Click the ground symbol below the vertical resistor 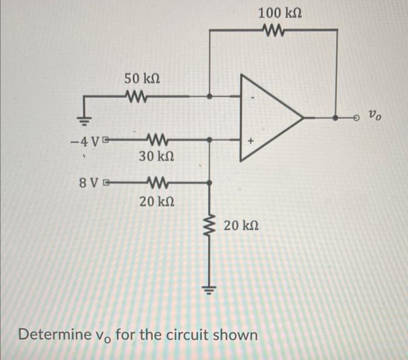(x=210, y=289)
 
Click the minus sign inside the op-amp (x=251, y=98)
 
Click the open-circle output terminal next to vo (x=357, y=117)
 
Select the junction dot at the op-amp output (x=336, y=117)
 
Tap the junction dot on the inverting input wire (x=210, y=96)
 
